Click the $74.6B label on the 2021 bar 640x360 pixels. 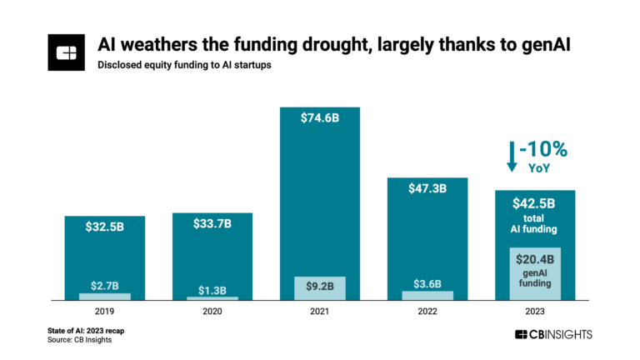[319, 117]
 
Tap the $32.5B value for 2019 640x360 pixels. [104, 228]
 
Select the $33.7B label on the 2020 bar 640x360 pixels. [212, 224]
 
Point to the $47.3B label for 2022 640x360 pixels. [427, 189]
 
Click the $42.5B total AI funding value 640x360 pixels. [534, 202]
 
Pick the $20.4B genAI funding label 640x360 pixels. [534, 259]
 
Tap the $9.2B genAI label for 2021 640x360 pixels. [319, 286]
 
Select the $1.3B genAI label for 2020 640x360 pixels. [212, 290]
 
